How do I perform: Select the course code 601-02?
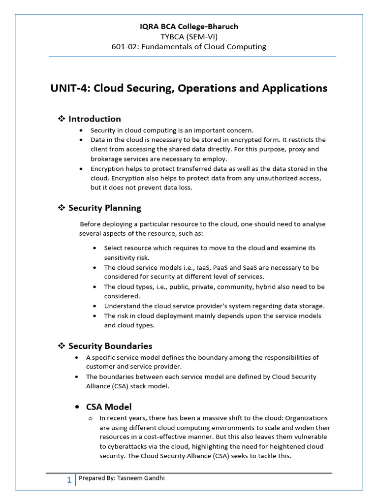point(125,47)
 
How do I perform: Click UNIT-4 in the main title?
point(70,89)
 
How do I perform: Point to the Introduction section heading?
point(94,119)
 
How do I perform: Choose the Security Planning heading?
point(104,208)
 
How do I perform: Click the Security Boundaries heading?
point(110,346)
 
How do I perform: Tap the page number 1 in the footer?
point(69,480)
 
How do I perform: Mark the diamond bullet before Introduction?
point(62,119)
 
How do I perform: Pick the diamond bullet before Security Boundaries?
point(62,346)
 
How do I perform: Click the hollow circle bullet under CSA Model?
point(91,418)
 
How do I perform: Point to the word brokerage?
point(106,158)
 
